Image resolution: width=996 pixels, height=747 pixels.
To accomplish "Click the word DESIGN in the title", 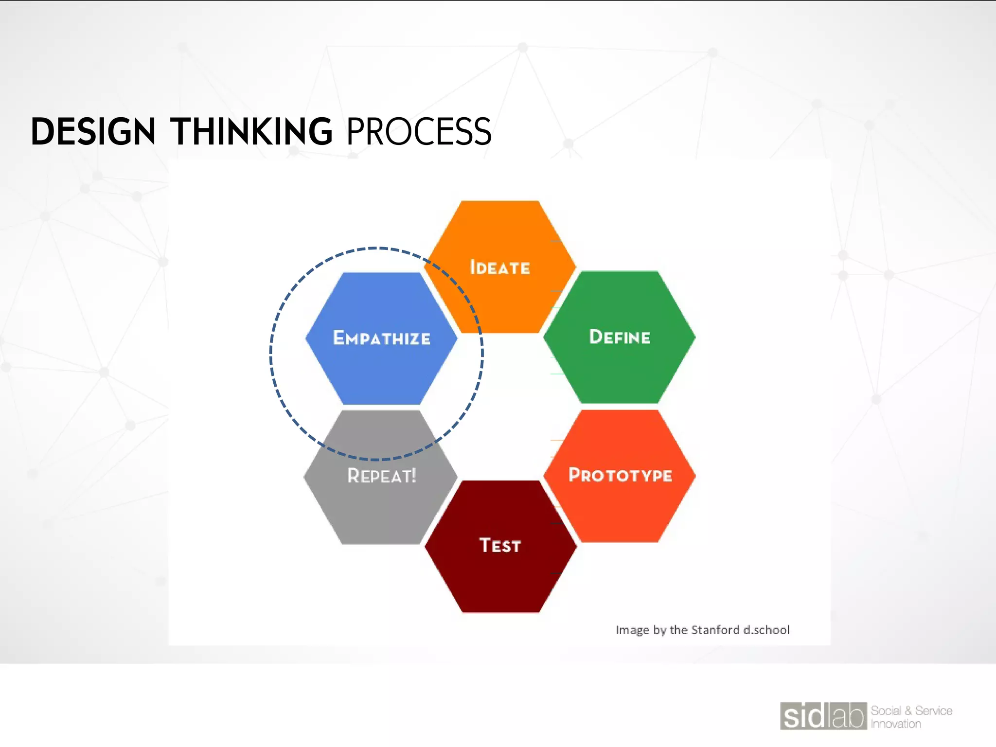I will coord(93,132).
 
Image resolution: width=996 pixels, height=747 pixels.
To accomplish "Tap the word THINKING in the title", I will coord(251,132).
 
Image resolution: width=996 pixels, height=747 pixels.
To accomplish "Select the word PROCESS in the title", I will coord(419,132).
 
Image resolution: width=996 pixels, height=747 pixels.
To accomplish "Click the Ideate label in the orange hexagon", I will coord(499,267).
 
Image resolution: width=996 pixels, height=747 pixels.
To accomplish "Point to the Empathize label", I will coord(381,338).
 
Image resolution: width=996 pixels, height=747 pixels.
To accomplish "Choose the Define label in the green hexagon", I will coord(620,337).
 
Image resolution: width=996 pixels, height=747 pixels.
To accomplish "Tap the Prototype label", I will coord(620,475).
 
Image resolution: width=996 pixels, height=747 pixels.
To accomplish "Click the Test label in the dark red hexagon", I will coord(500,545).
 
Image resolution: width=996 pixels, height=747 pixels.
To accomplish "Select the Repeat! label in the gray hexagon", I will coord(381,476).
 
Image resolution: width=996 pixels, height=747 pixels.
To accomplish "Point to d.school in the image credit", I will coord(766,630).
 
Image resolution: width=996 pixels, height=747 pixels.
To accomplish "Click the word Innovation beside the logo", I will coord(896,724).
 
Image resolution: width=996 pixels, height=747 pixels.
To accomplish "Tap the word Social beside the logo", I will coord(886,711).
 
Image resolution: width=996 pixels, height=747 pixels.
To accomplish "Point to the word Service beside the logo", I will coord(933,711).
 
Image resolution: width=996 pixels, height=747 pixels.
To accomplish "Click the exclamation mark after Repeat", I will coord(414,475).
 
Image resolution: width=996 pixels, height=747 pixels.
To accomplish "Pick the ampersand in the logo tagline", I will coord(908,711).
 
